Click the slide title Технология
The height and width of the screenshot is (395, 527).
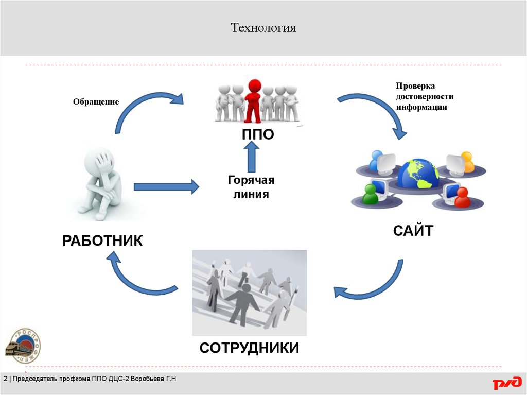coord(263,27)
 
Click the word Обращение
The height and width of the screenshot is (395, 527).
coord(96,102)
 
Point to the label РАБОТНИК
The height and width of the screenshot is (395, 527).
coord(102,240)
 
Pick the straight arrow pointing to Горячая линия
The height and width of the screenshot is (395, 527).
coord(166,186)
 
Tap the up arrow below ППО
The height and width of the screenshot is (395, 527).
coord(252,157)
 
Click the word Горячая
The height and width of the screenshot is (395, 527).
coord(251,180)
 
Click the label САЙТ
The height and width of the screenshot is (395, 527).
coord(413,230)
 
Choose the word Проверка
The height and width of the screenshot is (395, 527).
coord(415,86)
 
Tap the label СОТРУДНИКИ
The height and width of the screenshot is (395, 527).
coord(249,348)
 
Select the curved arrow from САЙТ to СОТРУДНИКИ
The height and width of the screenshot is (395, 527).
coord(371,286)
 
